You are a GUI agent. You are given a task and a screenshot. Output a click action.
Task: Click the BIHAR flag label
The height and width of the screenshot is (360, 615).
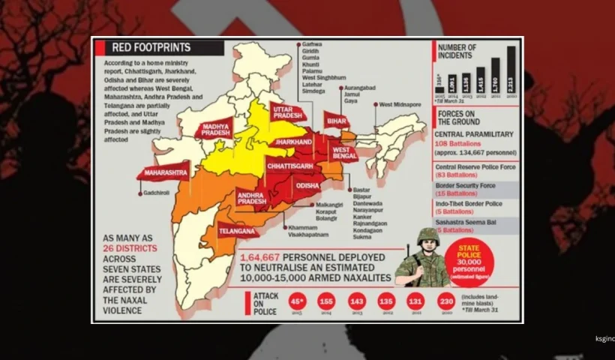336,120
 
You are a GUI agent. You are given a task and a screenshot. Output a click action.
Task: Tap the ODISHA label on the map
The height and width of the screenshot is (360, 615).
307,184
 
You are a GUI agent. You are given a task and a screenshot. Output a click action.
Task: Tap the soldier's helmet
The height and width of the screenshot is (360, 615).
427,235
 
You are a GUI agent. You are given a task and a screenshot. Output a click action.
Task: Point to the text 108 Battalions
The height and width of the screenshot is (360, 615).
458,141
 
